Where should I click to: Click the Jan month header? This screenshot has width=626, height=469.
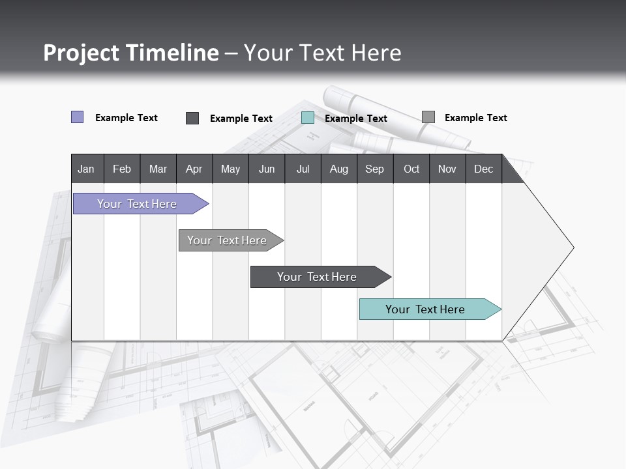coord(86,169)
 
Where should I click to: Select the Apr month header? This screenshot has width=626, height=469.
coord(194,169)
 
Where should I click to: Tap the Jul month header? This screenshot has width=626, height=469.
coord(303,169)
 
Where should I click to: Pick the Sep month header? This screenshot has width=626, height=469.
coord(374,169)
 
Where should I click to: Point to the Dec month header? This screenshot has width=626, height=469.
coord(483,169)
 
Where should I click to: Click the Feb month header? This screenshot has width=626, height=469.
coord(122,169)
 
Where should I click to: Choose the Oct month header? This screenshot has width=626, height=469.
coord(411,169)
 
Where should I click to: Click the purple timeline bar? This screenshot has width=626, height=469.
coord(137,204)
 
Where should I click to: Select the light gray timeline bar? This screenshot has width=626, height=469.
coord(227,240)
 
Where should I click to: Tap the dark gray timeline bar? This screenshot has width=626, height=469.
coord(317,277)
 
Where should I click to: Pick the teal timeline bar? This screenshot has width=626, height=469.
coord(425,309)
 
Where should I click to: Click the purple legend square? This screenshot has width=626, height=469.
coord(77,117)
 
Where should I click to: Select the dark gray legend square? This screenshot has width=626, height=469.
coord(192,118)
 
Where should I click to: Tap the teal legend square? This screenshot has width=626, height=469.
coord(308,118)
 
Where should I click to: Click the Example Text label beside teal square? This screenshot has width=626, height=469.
coord(356,119)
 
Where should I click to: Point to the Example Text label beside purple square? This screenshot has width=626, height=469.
coord(127,118)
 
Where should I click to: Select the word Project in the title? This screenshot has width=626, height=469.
coord(81,53)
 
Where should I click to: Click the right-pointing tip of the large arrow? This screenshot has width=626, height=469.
coord(571,248)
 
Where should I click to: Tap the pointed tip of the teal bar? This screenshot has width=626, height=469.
coord(499,309)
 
